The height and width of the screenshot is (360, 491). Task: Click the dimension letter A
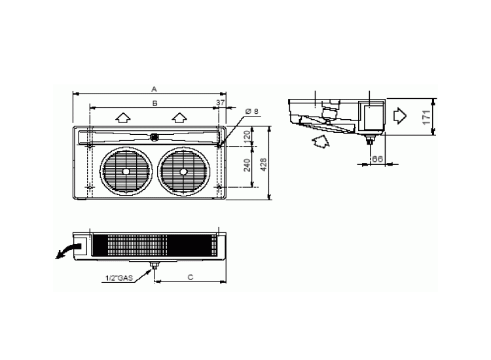[154, 87]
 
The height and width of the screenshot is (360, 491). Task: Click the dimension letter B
[155, 103]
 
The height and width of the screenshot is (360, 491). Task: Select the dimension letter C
[190, 278]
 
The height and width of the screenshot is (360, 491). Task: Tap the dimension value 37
[220, 103]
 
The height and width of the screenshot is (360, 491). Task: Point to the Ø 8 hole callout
[253, 112]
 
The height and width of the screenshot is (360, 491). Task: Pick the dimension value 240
[247, 165]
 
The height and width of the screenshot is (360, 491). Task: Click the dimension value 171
[426, 117]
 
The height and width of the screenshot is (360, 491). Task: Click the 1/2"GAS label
[118, 278]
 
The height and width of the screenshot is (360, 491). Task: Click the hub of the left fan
[126, 171]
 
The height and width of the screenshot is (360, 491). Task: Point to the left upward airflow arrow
[122, 118]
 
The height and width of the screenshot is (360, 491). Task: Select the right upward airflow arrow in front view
[179, 118]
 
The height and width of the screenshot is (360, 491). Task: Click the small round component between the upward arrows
[154, 137]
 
